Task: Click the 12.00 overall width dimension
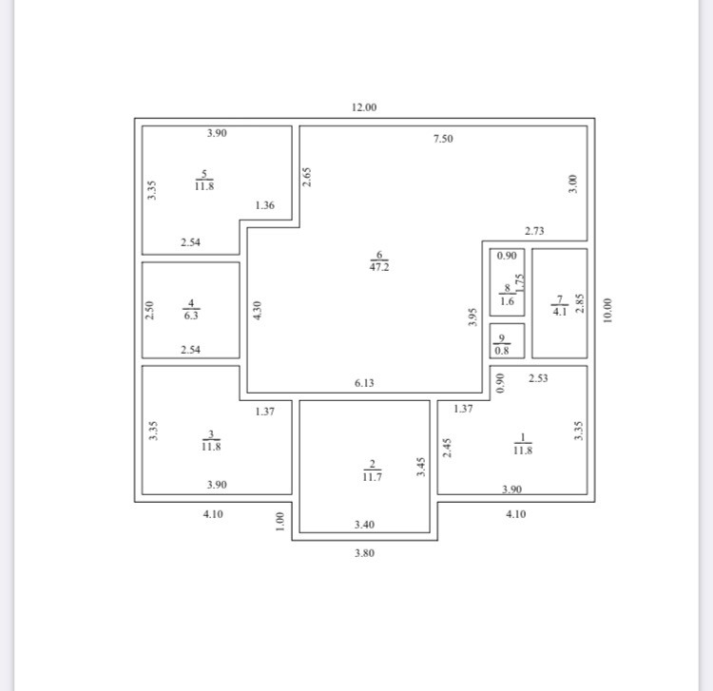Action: pyautogui.click(x=364, y=107)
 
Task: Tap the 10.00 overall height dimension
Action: pyautogui.click(x=607, y=311)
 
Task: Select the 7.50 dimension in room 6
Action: pyautogui.click(x=443, y=139)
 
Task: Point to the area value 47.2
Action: pyautogui.click(x=379, y=267)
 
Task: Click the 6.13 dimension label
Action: pyautogui.click(x=364, y=383)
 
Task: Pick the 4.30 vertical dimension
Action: pyautogui.click(x=258, y=310)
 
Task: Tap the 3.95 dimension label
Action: pyautogui.click(x=472, y=316)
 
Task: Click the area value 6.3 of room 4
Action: pyautogui.click(x=191, y=316)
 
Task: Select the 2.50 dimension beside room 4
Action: pyautogui.click(x=149, y=310)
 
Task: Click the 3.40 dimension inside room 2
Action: pyautogui.click(x=364, y=524)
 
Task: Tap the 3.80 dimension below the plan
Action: pyautogui.click(x=364, y=552)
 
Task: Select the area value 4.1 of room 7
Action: pyautogui.click(x=559, y=310)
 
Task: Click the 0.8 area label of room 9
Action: pyautogui.click(x=502, y=350)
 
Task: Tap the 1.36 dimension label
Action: pyautogui.click(x=265, y=205)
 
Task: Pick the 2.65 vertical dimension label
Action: pyautogui.click(x=306, y=177)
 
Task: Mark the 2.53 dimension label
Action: pyautogui.click(x=538, y=378)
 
